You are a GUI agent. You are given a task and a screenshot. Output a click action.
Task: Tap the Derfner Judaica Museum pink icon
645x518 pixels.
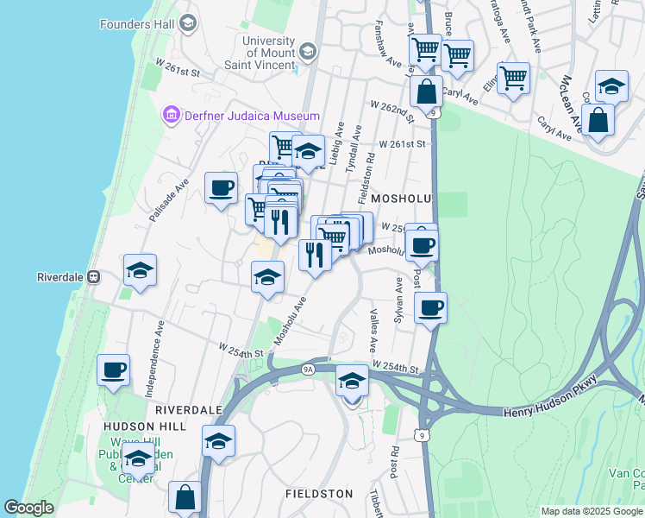click(170, 115)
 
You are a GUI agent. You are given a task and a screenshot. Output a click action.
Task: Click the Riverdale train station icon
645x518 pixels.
click(93, 277)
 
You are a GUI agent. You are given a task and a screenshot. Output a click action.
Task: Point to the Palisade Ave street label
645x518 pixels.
click(168, 201)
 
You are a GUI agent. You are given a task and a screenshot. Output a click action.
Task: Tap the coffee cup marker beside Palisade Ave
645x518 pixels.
click(222, 187)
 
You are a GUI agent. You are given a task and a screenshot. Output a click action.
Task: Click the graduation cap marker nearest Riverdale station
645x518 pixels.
click(140, 270)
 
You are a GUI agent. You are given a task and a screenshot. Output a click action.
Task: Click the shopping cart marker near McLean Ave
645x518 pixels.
click(513, 78)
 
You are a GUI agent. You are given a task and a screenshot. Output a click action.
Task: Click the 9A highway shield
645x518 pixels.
click(309, 369)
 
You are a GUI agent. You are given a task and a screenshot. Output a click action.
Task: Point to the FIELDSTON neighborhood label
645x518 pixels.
click(319, 494)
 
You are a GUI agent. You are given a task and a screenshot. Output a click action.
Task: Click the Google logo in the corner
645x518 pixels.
click(29, 508)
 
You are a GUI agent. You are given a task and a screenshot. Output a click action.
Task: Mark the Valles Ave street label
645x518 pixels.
click(374, 331)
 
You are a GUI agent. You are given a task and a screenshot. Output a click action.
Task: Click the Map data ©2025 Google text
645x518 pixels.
click(592, 511)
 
